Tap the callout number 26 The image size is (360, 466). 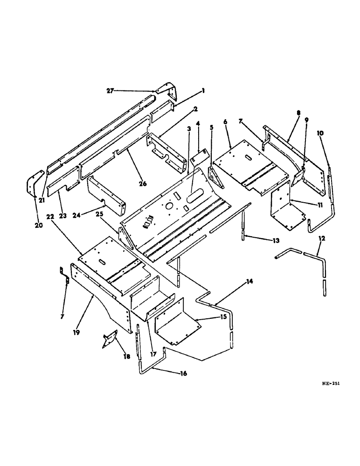click(x=142, y=184)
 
